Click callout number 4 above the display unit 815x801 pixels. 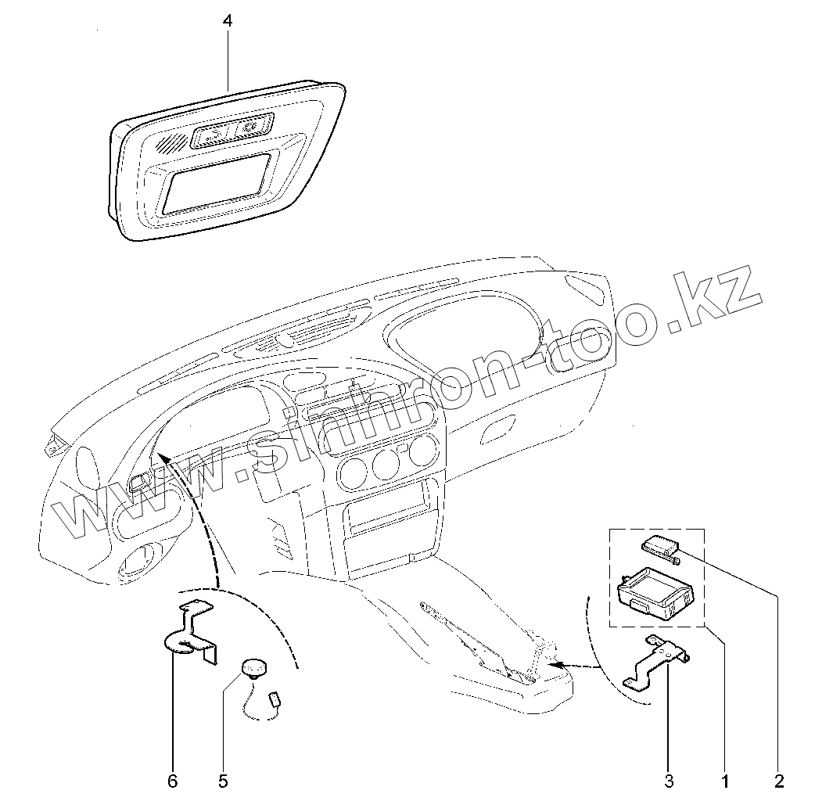227,22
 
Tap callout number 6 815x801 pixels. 173,781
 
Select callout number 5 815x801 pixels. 222,781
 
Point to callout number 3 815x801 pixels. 668,781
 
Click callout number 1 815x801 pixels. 725,781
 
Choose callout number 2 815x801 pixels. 779,781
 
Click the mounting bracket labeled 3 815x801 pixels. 657,662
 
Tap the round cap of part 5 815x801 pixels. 253,667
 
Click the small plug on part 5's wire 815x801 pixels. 275,699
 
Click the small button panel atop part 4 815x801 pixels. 232,131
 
